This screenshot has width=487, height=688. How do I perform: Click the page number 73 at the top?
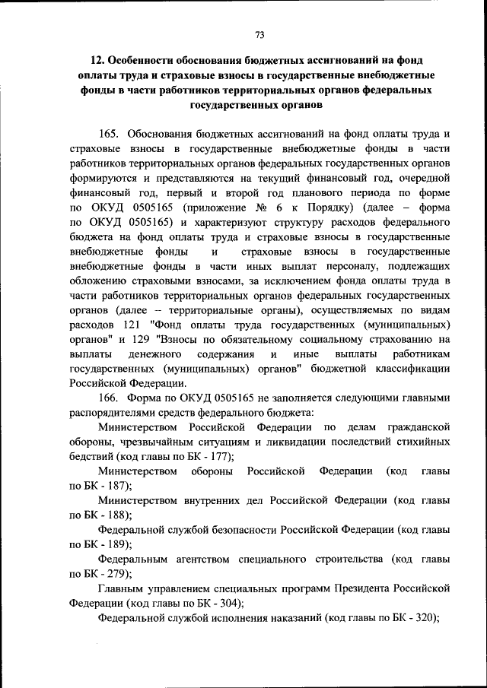pyautogui.click(x=259, y=34)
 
